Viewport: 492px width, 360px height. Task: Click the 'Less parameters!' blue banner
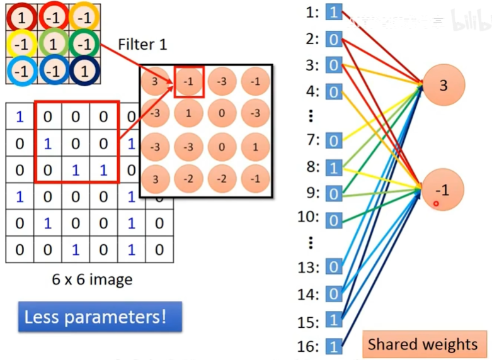pyautogui.click(x=100, y=317)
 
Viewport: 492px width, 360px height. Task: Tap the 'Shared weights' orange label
pyautogui.click(x=423, y=344)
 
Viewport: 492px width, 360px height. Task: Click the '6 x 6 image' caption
pyautogui.click(x=93, y=279)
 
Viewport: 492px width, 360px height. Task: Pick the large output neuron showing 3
pyautogui.click(x=443, y=85)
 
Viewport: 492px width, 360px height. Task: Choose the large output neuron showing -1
pyautogui.click(x=443, y=189)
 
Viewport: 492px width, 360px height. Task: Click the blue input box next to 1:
pyautogui.click(x=334, y=12)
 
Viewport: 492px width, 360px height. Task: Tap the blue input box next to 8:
pyautogui.click(x=334, y=167)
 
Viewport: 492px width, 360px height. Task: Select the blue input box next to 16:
pyautogui.click(x=334, y=346)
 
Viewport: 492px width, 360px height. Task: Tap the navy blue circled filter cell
pyautogui.click(x=84, y=70)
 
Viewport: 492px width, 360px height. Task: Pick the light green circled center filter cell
pyautogui.click(x=53, y=45)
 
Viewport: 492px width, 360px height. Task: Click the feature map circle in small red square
pyautogui.click(x=189, y=82)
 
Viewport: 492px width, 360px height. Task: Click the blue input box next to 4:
pyautogui.click(x=334, y=93)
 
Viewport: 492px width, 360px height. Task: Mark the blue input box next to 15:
pyautogui.click(x=334, y=320)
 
